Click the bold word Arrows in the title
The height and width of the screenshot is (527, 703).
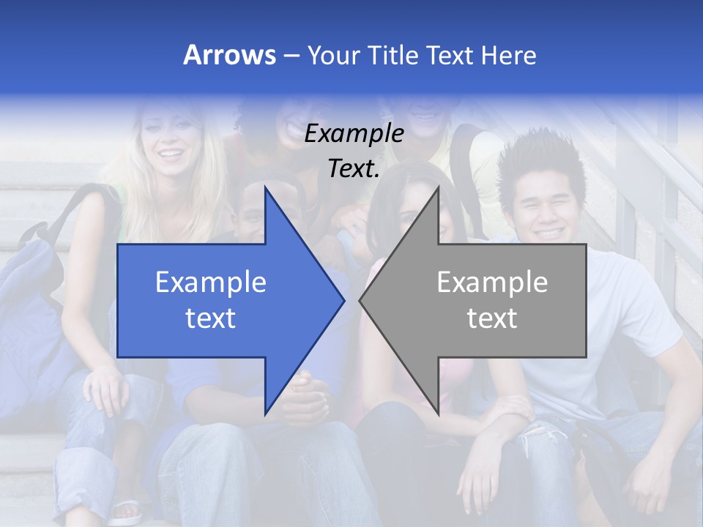pyautogui.click(x=229, y=55)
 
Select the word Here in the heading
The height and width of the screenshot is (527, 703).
pyautogui.click(x=508, y=55)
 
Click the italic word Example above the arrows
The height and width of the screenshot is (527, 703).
pyautogui.click(x=354, y=133)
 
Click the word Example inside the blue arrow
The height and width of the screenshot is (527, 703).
pyautogui.click(x=211, y=282)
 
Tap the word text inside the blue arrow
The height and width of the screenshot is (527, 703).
pyautogui.click(x=211, y=318)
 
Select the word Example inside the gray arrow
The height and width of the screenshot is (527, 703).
pyautogui.click(x=492, y=282)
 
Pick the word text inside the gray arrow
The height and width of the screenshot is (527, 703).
pyautogui.click(x=492, y=318)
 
